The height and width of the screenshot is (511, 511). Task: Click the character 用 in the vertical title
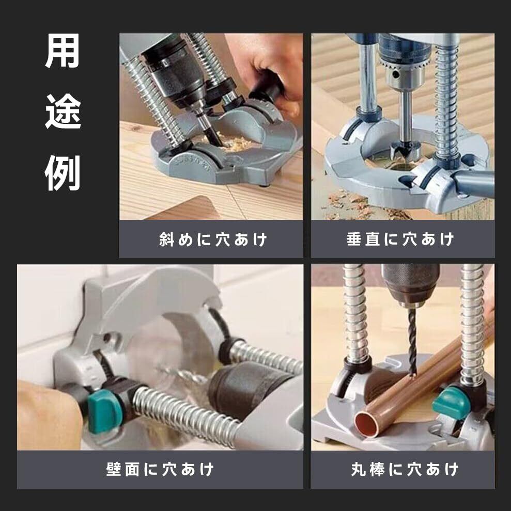[63, 51]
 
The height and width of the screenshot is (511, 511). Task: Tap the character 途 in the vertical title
[63, 112]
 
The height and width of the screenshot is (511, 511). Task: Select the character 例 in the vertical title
[63, 173]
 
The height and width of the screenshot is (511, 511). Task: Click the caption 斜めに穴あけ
[213, 239]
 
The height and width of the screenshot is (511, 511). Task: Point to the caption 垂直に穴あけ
[400, 239]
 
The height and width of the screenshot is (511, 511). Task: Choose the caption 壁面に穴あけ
[160, 469]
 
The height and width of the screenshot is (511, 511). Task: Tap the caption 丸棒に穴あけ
[405, 469]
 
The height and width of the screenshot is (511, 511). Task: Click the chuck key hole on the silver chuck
[396, 75]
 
